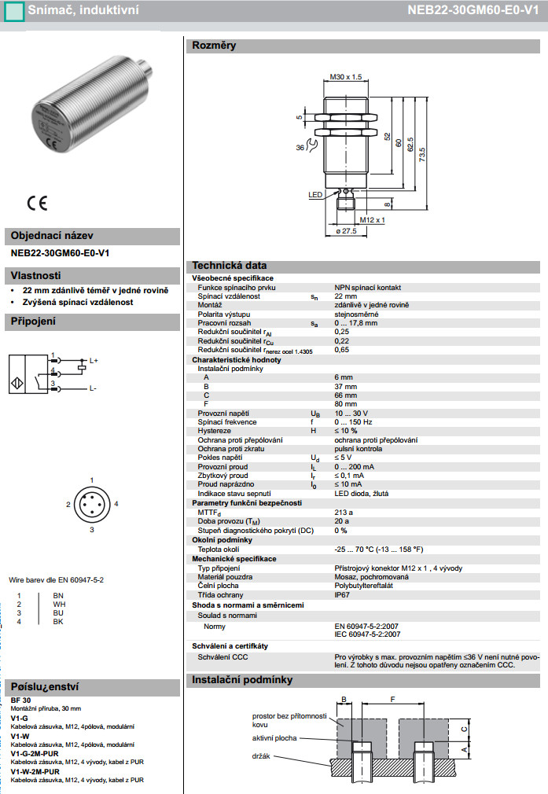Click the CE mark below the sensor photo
point(37,203)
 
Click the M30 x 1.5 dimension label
point(345,77)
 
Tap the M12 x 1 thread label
point(371,220)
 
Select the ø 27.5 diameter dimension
point(346,231)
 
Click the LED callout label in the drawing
point(315,194)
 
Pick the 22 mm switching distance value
point(345,296)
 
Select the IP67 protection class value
point(344,594)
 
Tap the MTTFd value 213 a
point(344,512)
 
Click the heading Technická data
point(230,266)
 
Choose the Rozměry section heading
point(214,46)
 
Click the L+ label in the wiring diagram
point(93,361)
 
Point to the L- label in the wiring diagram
point(92,388)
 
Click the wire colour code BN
point(58,595)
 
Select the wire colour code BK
point(58,622)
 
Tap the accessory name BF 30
point(21,700)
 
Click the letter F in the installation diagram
point(393,697)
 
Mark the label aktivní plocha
point(274,738)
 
